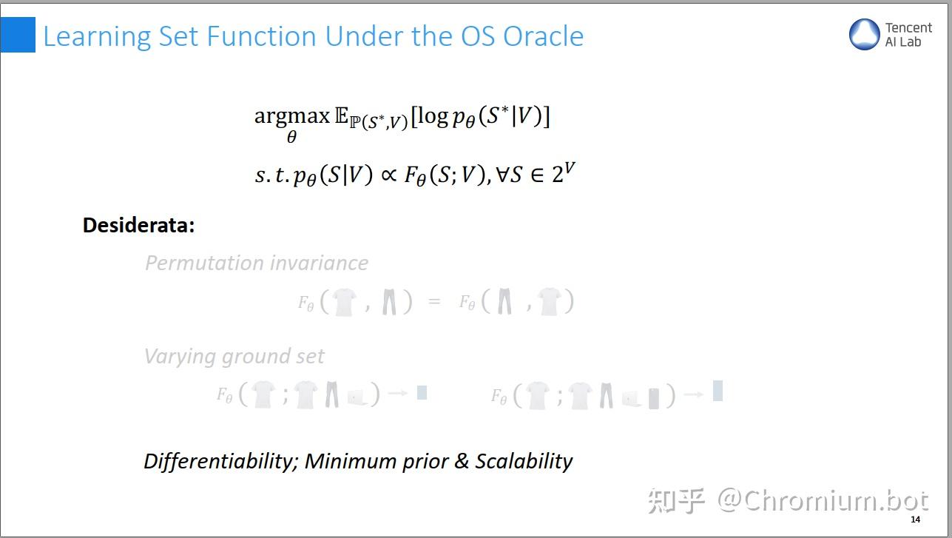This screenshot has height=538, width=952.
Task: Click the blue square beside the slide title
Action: [18, 35]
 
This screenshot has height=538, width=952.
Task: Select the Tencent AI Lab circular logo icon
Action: [864, 35]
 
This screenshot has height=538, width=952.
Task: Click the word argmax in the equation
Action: [291, 115]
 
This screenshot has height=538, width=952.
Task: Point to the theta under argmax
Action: [291, 138]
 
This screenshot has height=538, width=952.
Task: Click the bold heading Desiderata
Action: [138, 225]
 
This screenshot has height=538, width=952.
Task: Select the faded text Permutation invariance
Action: [256, 263]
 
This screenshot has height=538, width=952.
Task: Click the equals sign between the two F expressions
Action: [434, 302]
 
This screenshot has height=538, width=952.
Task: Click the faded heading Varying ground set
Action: [234, 356]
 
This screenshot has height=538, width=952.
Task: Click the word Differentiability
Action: [220, 461]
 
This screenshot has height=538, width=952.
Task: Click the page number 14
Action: [916, 519]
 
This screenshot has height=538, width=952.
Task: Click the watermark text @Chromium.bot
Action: [822, 501]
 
